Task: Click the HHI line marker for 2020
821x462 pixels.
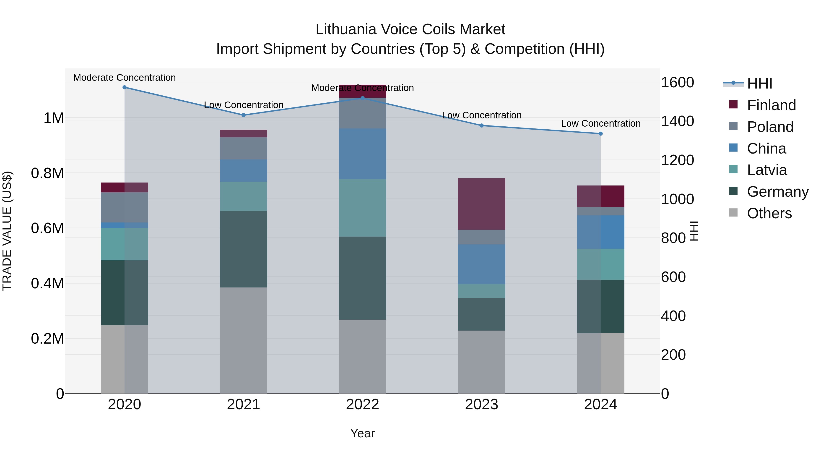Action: click(x=125, y=87)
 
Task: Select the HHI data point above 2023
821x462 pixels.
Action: click(x=482, y=126)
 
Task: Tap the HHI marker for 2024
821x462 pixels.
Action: click(x=600, y=134)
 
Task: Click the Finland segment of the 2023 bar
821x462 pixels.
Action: click(x=482, y=204)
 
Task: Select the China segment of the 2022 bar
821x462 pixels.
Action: click(x=362, y=154)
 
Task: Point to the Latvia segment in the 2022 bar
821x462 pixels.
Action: click(x=362, y=208)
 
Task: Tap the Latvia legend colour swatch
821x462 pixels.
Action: click(x=733, y=169)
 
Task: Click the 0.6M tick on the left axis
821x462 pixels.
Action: click(x=47, y=229)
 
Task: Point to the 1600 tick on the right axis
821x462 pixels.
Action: click(x=677, y=83)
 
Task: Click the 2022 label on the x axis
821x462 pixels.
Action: click(x=362, y=405)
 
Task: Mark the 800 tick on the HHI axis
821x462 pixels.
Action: click(x=673, y=238)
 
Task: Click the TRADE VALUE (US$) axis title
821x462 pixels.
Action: click(x=7, y=231)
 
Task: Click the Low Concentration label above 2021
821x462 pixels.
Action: click(x=244, y=105)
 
